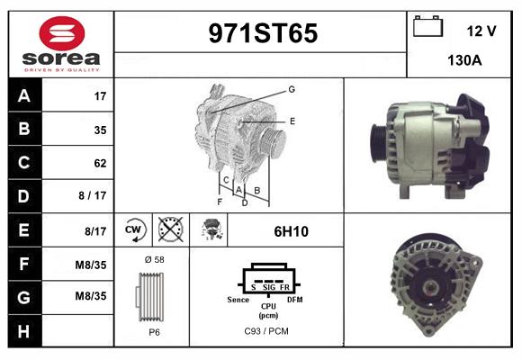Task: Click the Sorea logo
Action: [x=61, y=43]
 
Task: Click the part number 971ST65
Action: [x=263, y=33]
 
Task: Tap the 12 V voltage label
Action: [x=481, y=31]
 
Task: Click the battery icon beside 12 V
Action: [x=426, y=27]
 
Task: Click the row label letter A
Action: [x=23, y=95]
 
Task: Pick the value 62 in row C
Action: [x=100, y=163]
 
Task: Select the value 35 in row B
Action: [x=100, y=130]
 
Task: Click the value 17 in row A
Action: [x=100, y=95]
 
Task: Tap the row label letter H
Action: [x=23, y=331]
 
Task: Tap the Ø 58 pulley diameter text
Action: [x=152, y=260]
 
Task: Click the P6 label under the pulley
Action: [x=152, y=332]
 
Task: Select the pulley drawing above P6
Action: [x=151, y=295]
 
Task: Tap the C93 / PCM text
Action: [x=266, y=332]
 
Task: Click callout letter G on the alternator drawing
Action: [x=292, y=89]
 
